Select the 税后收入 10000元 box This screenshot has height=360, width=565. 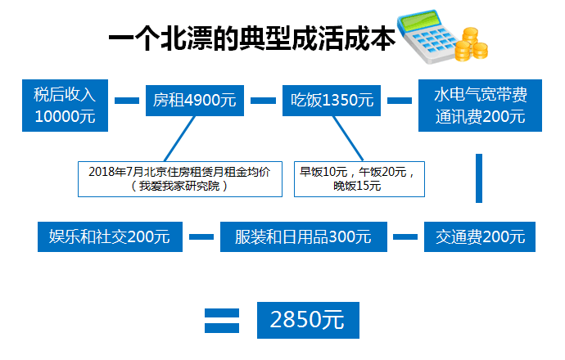point(66,105)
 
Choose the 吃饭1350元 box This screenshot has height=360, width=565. point(332,101)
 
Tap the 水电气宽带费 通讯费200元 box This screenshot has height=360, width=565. point(481,105)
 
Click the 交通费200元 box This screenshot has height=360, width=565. point(481,237)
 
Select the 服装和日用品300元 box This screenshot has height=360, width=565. point(303,237)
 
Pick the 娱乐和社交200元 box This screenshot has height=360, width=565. point(104,237)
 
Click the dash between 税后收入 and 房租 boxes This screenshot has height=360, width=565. point(127,101)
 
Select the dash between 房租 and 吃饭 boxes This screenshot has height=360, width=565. point(263,101)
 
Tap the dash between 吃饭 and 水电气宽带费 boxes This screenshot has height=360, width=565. point(399,101)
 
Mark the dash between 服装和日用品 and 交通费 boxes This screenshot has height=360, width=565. point(405,237)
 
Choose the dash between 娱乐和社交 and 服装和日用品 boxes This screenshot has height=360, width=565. point(201,237)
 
